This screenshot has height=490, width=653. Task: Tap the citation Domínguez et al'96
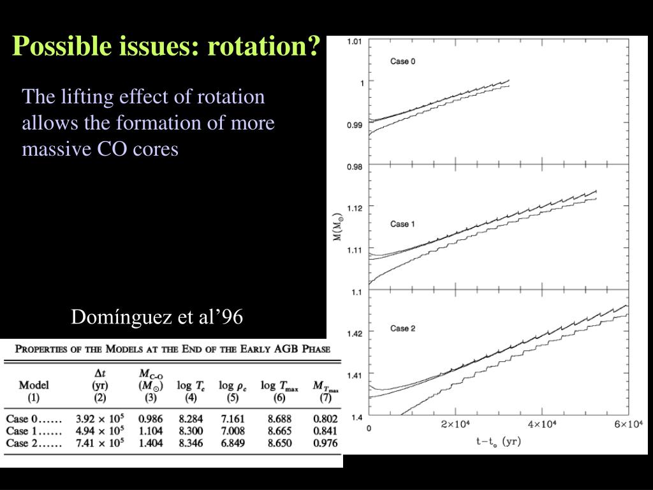pos(157,316)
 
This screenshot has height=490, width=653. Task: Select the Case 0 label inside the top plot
pos(403,62)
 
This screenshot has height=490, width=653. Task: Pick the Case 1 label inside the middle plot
pos(403,224)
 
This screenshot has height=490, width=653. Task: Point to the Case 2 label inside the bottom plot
pos(403,329)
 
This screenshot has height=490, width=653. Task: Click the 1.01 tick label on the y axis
pos(355,42)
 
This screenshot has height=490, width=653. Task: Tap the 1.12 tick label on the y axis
pos(355,208)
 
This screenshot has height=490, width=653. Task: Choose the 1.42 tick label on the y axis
pos(355,333)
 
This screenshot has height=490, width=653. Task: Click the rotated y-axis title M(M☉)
pos(337,226)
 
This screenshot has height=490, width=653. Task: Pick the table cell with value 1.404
pos(150,443)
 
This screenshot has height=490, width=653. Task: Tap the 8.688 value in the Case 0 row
pos(279,419)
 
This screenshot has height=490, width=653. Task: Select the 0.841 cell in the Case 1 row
pos(325,431)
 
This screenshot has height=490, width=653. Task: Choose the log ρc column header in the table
pos(233,386)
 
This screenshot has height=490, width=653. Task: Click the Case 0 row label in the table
pos(34,419)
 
